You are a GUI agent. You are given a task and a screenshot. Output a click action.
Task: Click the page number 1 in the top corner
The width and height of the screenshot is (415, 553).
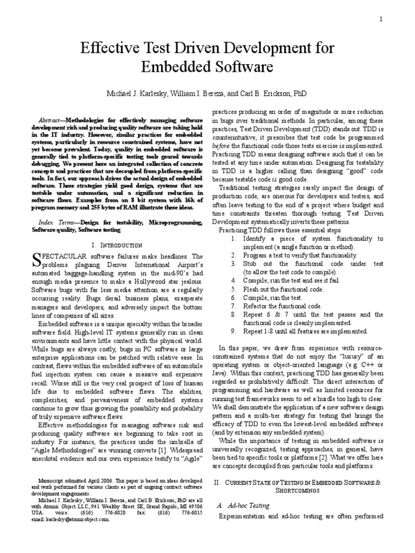click(396, 19)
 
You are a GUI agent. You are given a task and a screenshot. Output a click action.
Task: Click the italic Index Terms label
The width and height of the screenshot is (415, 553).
click(55, 222)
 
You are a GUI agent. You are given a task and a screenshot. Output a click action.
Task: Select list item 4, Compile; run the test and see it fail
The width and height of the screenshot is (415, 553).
click(284, 280)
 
